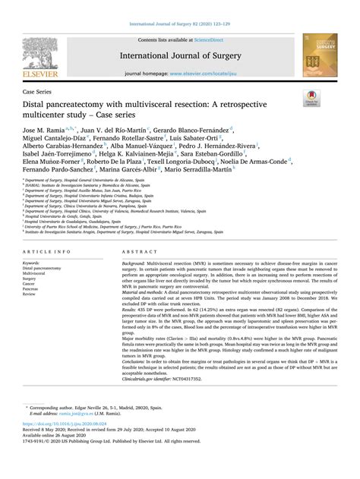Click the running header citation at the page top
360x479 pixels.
[x=180, y=5]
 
